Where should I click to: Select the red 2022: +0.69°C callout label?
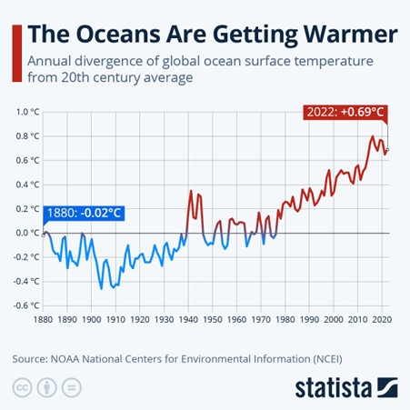345,114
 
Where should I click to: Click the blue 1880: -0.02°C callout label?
83,215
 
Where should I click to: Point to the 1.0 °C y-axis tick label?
28,112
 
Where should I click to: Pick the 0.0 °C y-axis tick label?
28,233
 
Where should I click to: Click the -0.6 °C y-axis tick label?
27,305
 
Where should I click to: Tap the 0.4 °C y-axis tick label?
28,185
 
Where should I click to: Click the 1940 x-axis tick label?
188,320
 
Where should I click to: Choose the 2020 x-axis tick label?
382,320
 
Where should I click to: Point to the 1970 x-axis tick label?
261,320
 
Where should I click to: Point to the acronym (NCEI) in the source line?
323,358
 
